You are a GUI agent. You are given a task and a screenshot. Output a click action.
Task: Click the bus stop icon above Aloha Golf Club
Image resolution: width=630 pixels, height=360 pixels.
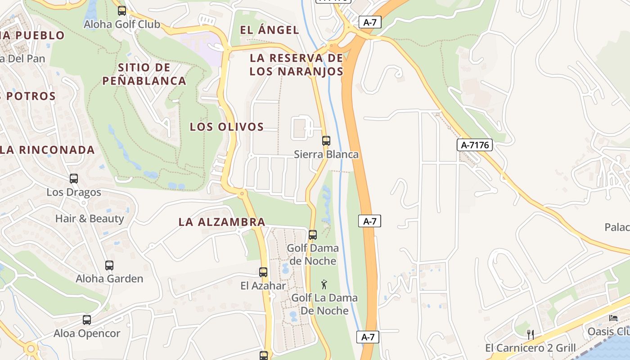coord(121,10)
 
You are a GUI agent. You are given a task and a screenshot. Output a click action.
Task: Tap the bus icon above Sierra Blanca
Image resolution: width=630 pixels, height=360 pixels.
coord(326,140)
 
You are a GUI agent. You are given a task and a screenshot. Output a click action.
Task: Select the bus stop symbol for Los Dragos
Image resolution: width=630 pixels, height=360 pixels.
coord(74,178)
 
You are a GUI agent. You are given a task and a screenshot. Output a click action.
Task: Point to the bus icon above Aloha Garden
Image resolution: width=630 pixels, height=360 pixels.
coord(109,265)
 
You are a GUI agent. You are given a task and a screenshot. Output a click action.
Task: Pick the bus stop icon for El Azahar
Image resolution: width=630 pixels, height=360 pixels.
coord(263,272)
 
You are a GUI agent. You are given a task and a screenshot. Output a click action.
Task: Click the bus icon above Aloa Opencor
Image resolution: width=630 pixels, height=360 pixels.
coord(87,320)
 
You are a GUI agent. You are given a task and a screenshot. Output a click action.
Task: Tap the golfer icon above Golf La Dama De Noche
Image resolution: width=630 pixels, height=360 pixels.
coord(324,284)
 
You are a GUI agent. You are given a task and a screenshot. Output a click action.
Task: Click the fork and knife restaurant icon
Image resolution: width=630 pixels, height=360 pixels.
coord(531,334)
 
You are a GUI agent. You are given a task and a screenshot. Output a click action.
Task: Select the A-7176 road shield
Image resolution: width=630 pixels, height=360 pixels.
coord(475,145)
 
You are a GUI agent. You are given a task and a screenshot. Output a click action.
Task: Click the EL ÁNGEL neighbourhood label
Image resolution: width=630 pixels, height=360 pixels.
coord(270,30)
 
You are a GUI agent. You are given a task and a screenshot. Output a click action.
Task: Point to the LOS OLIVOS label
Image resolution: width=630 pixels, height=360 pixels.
coord(227,126)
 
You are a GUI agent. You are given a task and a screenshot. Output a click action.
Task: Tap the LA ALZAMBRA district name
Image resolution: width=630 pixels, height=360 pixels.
coord(222,222)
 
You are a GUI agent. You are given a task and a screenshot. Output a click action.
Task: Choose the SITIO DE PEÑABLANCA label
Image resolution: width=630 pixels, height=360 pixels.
coord(144,74)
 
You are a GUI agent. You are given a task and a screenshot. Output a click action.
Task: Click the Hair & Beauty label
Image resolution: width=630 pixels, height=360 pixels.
coord(90,219)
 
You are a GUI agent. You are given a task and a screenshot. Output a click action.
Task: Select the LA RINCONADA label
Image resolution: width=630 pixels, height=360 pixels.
coord(47,150)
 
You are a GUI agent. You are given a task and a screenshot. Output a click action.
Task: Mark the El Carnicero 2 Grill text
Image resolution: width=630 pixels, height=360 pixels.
coord(530,348)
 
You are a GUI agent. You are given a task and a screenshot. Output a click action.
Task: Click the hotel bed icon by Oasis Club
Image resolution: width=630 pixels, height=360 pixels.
coord(613,318)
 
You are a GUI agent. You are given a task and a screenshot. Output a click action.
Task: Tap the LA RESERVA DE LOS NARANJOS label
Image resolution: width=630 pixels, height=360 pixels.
coord(297,64)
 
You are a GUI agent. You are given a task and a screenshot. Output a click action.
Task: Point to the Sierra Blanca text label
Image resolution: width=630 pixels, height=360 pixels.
coord(326,154)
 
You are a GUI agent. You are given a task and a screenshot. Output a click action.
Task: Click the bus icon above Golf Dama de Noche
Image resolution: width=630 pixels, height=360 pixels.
coord(313,234)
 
